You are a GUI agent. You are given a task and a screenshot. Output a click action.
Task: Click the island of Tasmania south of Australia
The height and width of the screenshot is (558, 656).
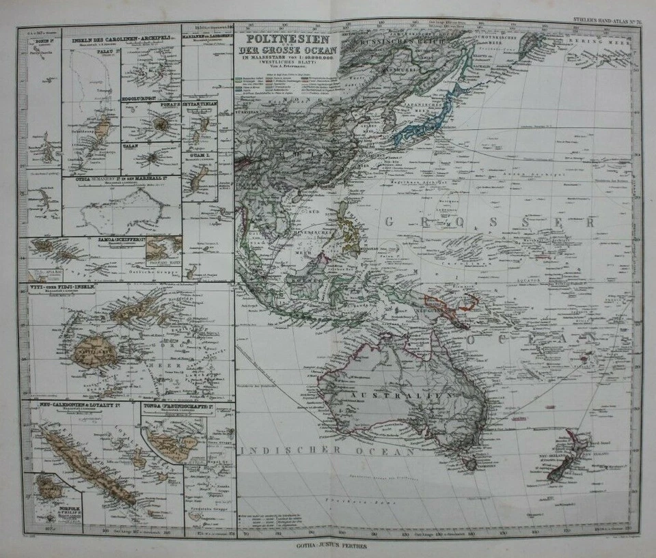coord(470,464)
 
